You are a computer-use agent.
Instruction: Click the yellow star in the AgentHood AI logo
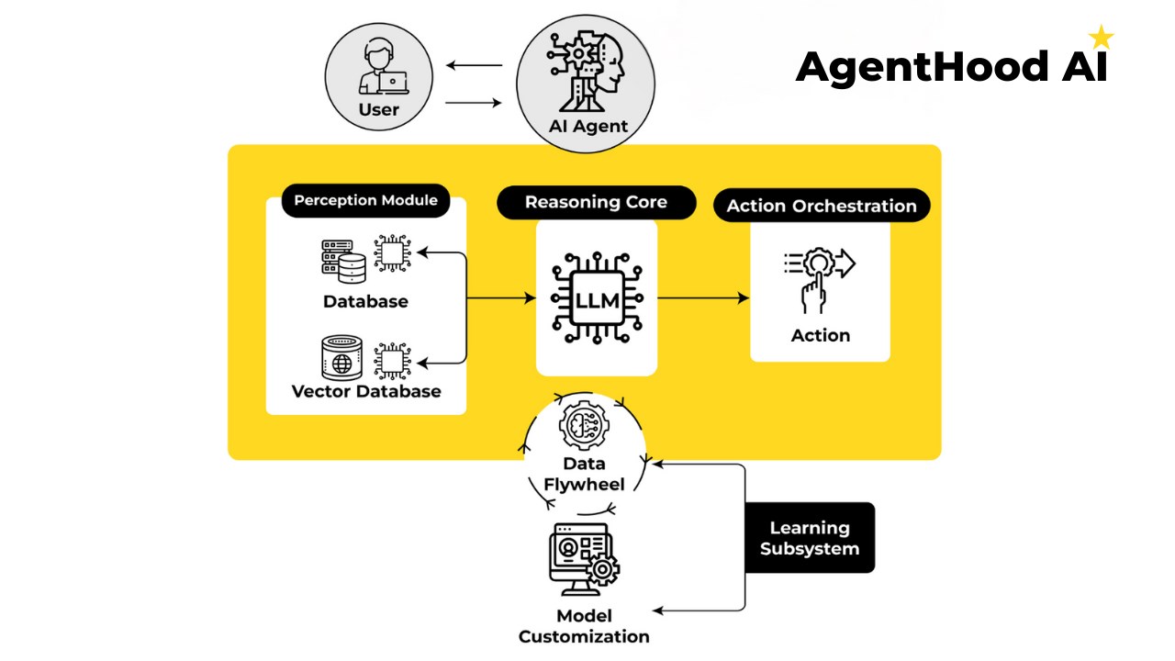click(1101, 37)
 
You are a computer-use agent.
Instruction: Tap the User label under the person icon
click(379, 109)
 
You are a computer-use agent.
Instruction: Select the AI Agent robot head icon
click(586, 72)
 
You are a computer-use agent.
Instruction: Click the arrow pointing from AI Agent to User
click(475, 65)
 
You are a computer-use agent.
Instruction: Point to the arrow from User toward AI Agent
click(473, 103)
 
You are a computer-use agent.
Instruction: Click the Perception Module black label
click(365, 200)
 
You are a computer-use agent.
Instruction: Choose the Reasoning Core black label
click(597, 203)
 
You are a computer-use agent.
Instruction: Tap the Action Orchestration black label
click(822, 206)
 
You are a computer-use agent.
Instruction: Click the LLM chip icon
click(597, 298)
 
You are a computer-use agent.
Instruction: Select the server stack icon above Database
click(343, 262)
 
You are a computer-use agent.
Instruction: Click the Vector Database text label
click(366, 391)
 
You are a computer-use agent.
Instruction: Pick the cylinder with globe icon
click(342, 358)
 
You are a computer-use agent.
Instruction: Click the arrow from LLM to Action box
click(703, 298)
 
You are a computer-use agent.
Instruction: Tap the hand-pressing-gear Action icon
click(820, 281)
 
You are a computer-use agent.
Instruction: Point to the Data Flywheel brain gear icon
click(585, 425)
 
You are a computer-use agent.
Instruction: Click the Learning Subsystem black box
click(810, 538)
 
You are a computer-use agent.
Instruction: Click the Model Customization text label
click(585, 626)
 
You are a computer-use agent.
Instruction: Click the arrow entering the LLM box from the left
click(501, 298)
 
